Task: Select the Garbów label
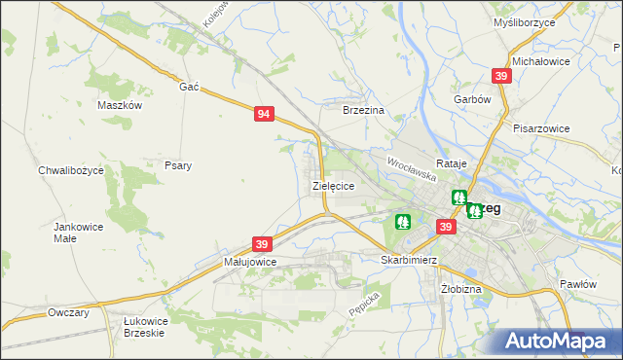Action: (x=471, y=99)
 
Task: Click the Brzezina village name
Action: (x=365, y=111)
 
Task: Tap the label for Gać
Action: (x=189, y=87)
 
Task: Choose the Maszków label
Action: (x=121, y=105)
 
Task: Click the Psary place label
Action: (x=177, y=165)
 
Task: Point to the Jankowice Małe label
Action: (x=78, y=232)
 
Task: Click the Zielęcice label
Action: (x=332, y=185)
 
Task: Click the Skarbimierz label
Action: (x=409, y=261)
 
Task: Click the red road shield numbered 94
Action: (x=264, y=115)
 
